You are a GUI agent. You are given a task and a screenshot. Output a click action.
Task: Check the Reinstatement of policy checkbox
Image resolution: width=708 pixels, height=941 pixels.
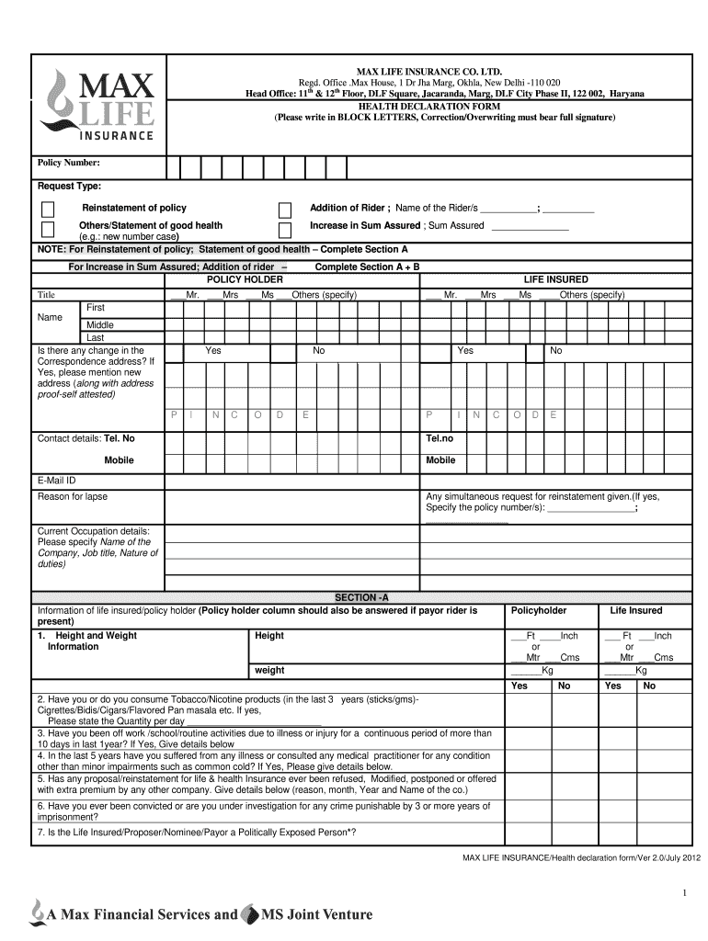48,210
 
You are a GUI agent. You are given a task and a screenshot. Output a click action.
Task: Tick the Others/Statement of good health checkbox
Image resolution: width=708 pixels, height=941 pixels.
48,229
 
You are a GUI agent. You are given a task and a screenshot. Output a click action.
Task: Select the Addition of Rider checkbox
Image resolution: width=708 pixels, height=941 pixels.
285,210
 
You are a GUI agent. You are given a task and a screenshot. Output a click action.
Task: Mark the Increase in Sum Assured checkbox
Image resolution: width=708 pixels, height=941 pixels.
285,229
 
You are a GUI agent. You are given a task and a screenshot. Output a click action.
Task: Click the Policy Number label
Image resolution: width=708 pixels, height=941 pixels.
68,163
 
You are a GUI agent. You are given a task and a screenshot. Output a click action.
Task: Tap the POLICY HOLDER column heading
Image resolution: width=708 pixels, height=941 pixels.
245,279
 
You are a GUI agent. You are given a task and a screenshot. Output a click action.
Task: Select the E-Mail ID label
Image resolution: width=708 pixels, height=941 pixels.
56,481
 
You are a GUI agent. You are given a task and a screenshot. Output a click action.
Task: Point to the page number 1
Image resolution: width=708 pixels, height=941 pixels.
685,893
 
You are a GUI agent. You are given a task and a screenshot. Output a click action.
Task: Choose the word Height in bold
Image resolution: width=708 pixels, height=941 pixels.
269,636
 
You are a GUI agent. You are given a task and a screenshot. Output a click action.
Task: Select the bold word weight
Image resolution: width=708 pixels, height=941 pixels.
269,670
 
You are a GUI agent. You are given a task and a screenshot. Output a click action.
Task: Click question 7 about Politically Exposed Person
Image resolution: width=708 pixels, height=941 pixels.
197,832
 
